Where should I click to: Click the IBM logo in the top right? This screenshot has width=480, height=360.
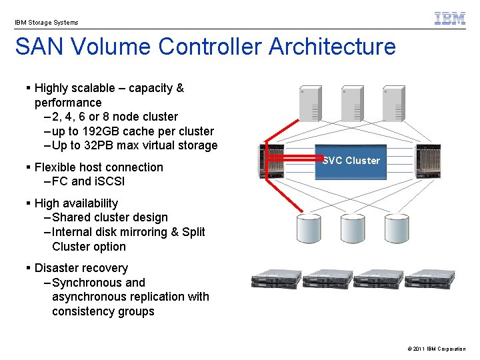click(x=450, y=19)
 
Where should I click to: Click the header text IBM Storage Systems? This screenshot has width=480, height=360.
click(x=47, y=23)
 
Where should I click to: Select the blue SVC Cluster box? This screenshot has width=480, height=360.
click(x=351, y=161)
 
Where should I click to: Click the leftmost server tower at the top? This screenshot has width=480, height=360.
click(x=310, y=103)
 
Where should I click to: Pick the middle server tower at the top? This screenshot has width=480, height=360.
click(x=351, y=103)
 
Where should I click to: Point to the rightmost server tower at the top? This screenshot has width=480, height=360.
click(x=393, y=103)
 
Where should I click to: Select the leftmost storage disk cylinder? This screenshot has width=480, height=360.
click(x=310, y=228)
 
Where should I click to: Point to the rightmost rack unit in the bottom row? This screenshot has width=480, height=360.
click(x=429, y=279)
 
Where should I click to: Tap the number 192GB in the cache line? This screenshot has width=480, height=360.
click(x=109, y=131)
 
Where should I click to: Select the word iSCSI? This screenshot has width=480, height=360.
click(x=109, y=181)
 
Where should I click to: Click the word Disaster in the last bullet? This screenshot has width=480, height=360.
click(x=57, y=268)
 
